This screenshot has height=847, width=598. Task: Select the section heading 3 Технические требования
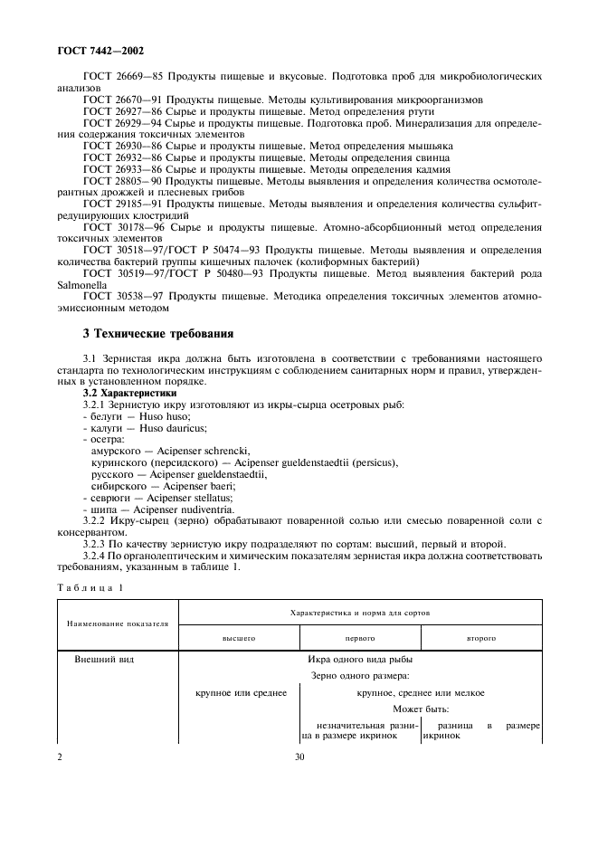[x=158, y=334]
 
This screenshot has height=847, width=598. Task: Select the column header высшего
[x=239, y=637]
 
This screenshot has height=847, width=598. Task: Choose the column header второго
[x=480, y=637]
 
